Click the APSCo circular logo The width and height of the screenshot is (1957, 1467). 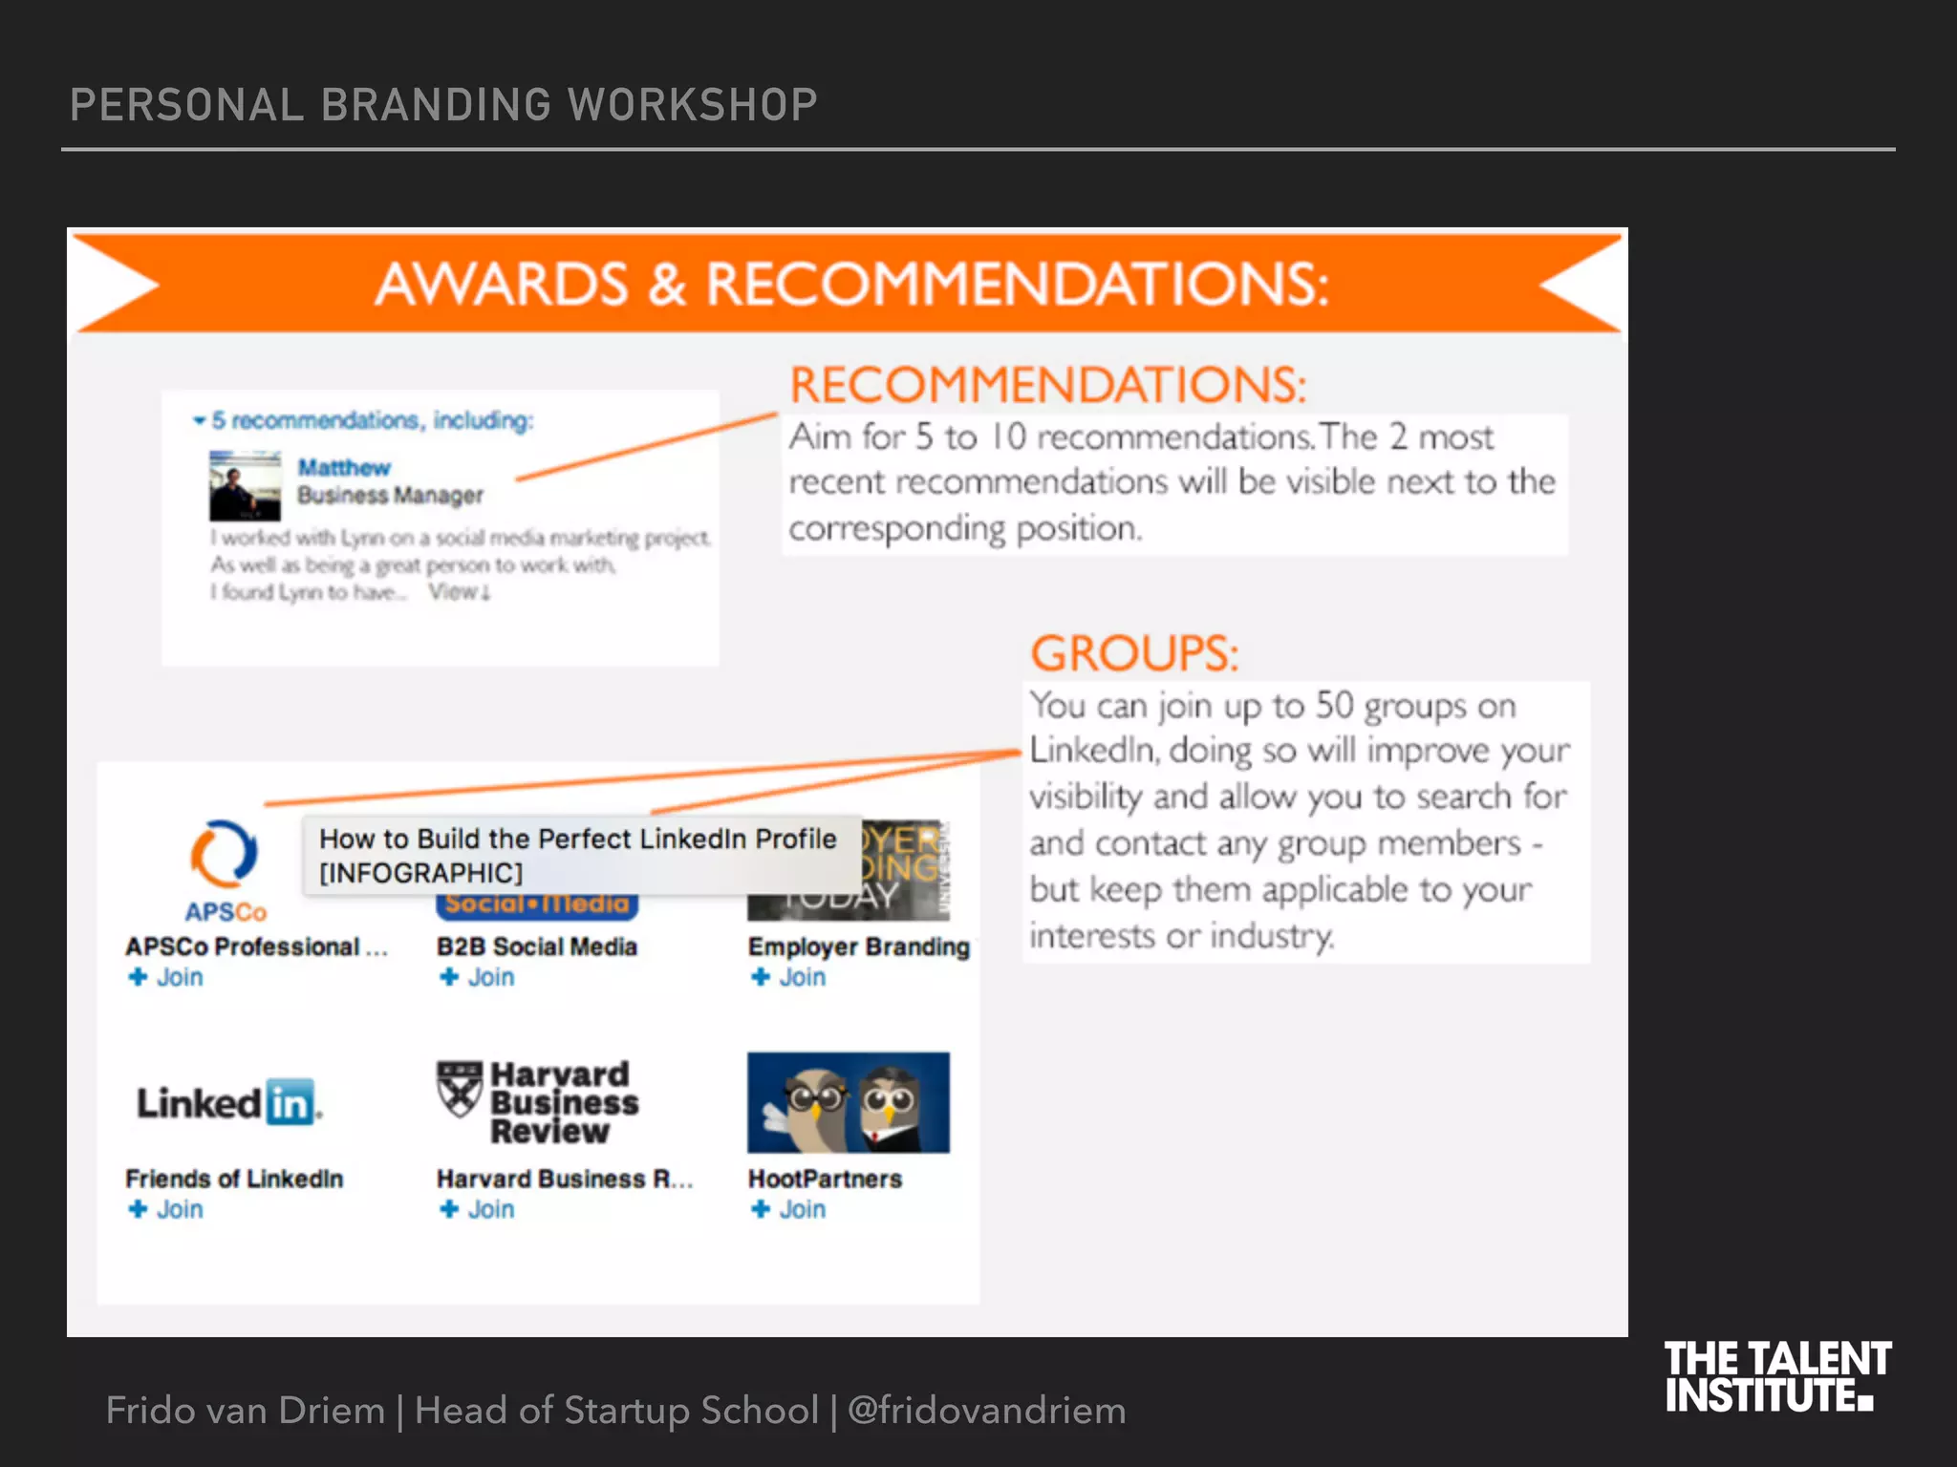[x=224, y=853]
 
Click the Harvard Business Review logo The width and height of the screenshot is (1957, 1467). [x=538, y=1102]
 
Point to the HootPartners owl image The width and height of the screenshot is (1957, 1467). [x=849, y=1102]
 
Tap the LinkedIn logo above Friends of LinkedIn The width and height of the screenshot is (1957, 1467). [x=228, y=1103]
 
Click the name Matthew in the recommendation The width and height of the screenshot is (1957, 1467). [x=344, y=468]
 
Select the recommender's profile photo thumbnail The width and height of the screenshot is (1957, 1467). [x=246, y=485]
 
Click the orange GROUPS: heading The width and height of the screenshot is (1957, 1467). [x=1134, y=654]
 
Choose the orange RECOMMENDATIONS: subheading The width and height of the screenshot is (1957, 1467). [x=1047, y=386]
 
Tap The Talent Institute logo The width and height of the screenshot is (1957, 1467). [x=1776, y=1376]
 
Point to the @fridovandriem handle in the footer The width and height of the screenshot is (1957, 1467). [x=986, y=1411]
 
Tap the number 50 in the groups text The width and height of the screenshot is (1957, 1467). [x=1335, y=706]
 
